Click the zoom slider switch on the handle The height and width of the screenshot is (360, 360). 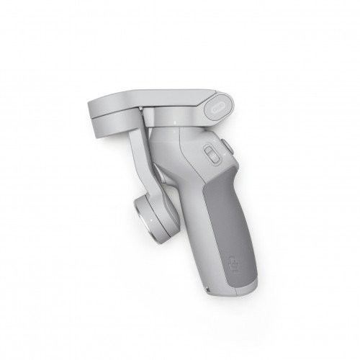[210, 156]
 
